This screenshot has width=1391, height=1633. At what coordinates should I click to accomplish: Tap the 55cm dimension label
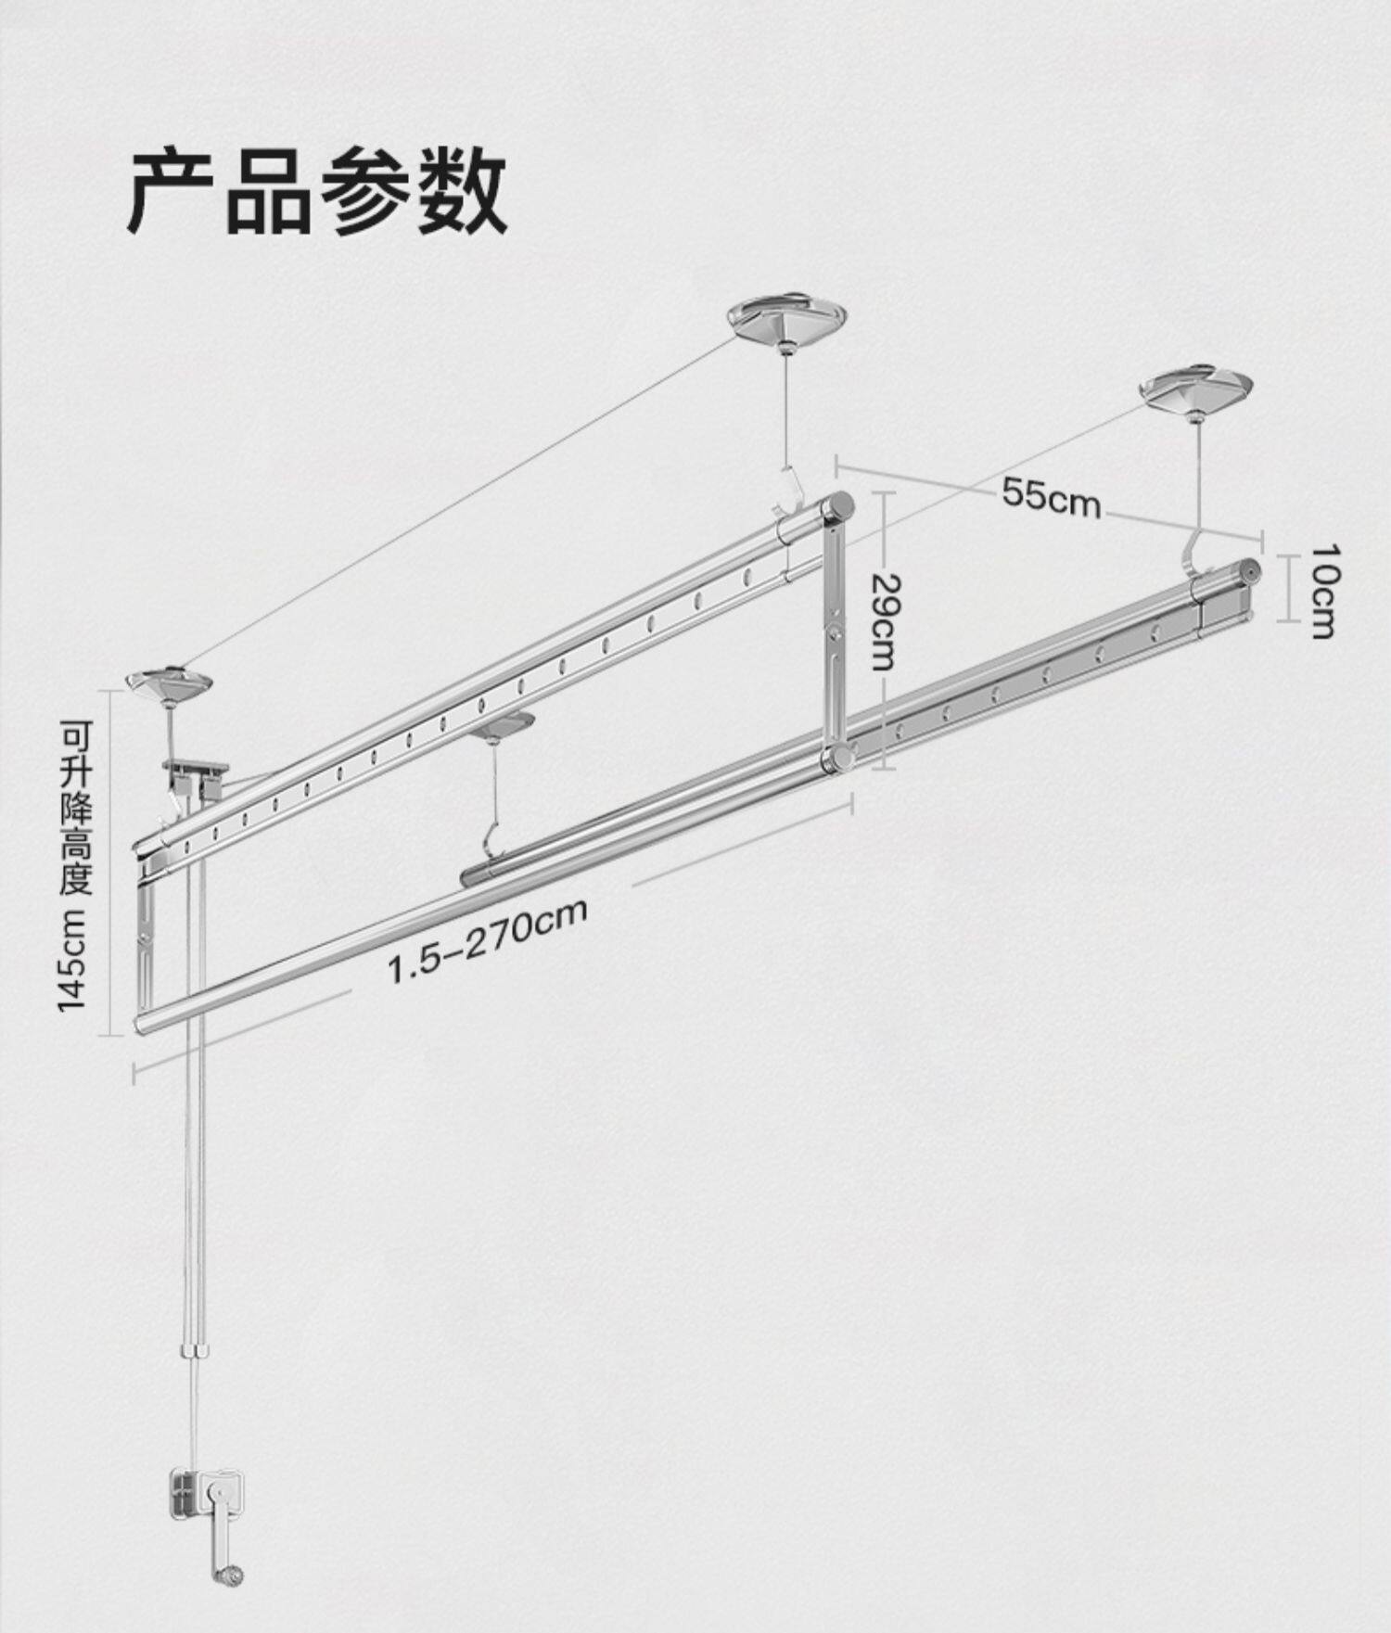pyautogui.click(x=1051, y=496)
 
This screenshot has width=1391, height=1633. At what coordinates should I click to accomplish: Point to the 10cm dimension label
pyautogui.click(x=1323, y=590)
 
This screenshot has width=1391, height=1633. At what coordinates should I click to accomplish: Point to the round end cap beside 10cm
pyautogui.click(x=1251, y=572)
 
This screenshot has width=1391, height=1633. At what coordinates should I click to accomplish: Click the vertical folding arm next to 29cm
pyautogui.click(x=834, y=631)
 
